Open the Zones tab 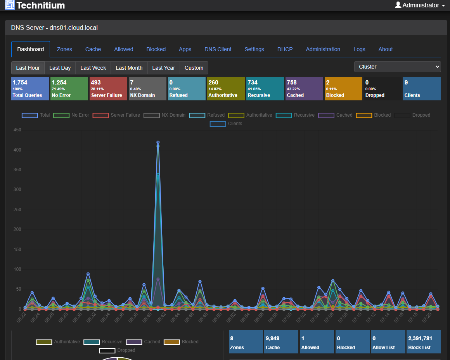click(x=64, y=49)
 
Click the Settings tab click(x=254, y=49)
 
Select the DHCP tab click(x=285, y=49)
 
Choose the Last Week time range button click(x=93, y=68)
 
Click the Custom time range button click(x=194, y=68)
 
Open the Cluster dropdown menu click(x=397, y=67)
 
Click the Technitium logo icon click(x=10, y=5)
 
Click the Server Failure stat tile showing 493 click(x=108, y=88)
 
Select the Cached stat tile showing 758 click(x=304, y=88)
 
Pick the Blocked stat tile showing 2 click(x=343, y=88)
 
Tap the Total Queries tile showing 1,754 click(x=30, y=88)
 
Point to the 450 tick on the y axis click(x=17, y=130)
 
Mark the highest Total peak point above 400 click(x=158, y=142)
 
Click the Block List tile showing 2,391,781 click(x=423, y=341)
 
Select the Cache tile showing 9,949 click(x=281, y=341)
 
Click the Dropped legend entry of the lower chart click(x=117, y=350)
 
